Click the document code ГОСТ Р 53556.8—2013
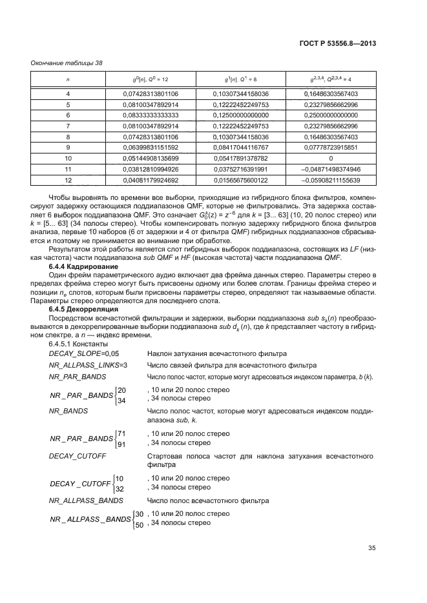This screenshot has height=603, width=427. coord(339,43)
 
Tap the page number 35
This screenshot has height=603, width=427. coord(372,549)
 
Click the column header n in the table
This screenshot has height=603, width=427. coord(68,79)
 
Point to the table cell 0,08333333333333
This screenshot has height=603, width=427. coord(151,115)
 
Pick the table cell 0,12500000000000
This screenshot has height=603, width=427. coord(241,115)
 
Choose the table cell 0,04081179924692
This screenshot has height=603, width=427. coord(151,181)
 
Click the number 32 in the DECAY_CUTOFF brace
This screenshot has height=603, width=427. coord(119,489)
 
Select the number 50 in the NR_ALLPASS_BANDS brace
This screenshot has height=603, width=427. coord(139,525)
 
